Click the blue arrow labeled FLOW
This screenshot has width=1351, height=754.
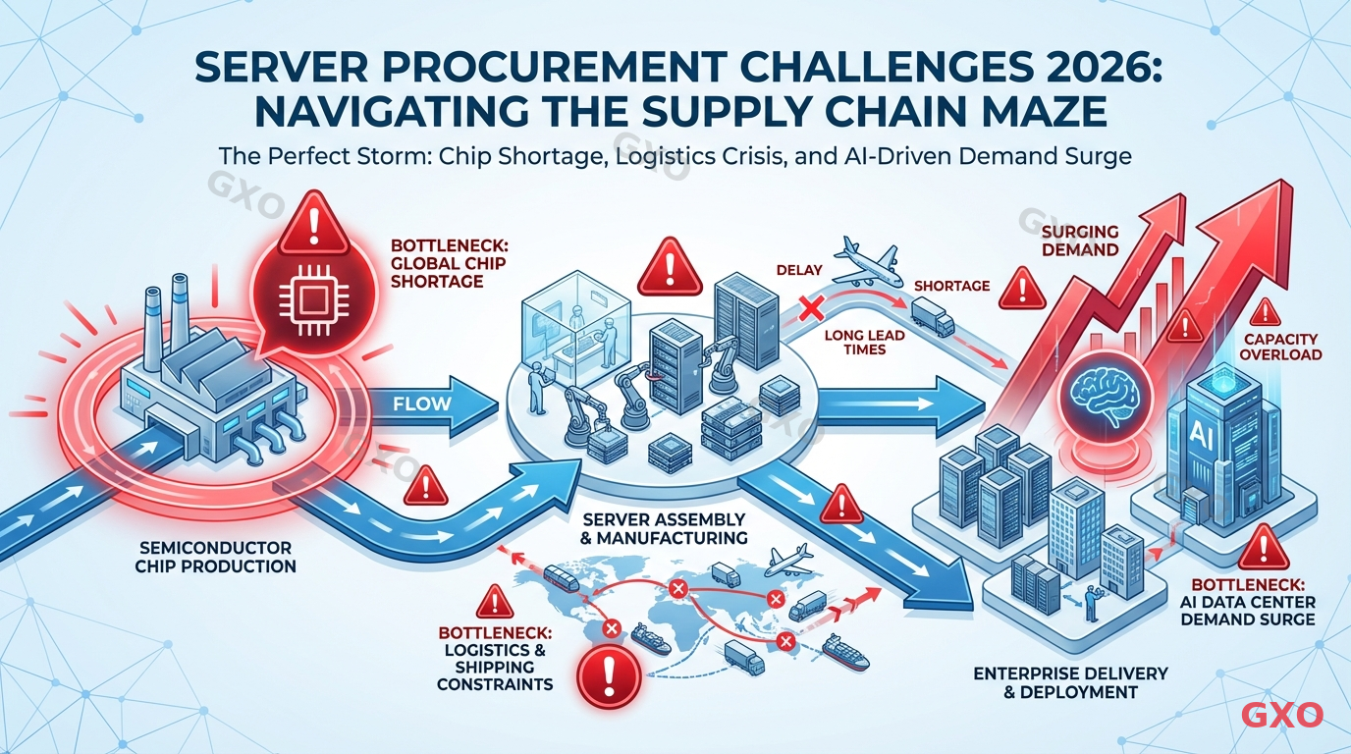[432, 404]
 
